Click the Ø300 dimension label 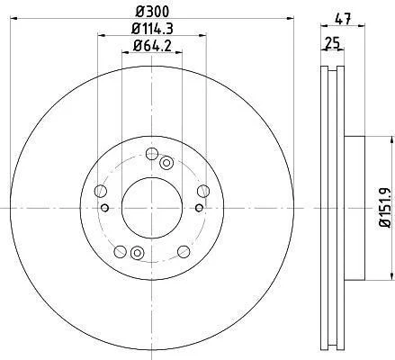click(152, 12)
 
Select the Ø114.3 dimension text click(152, 29)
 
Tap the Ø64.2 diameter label click(152, 46)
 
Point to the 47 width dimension click(343, 20)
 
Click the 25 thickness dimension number click(332, 43)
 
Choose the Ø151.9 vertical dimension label click(385, 208)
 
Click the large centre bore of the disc click(152, 208)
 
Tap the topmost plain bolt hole click(152, 154)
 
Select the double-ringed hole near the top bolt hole click(166, 163)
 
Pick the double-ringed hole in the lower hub click(138, 253)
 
